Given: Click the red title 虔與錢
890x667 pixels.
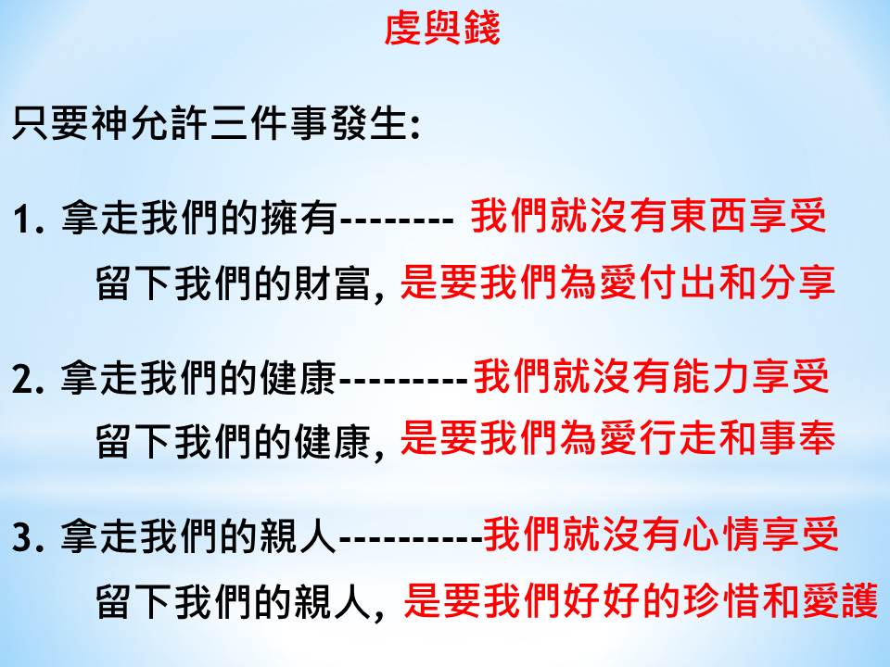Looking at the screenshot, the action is click(441, 29).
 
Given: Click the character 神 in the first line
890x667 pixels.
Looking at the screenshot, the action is click(110, 122).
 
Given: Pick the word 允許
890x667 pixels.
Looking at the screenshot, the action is click(170, 122).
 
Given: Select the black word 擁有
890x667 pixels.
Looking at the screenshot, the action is click(299, 219).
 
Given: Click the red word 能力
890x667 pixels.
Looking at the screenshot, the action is click(712, 376).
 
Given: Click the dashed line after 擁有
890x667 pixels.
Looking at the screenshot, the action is click(397, 220).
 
